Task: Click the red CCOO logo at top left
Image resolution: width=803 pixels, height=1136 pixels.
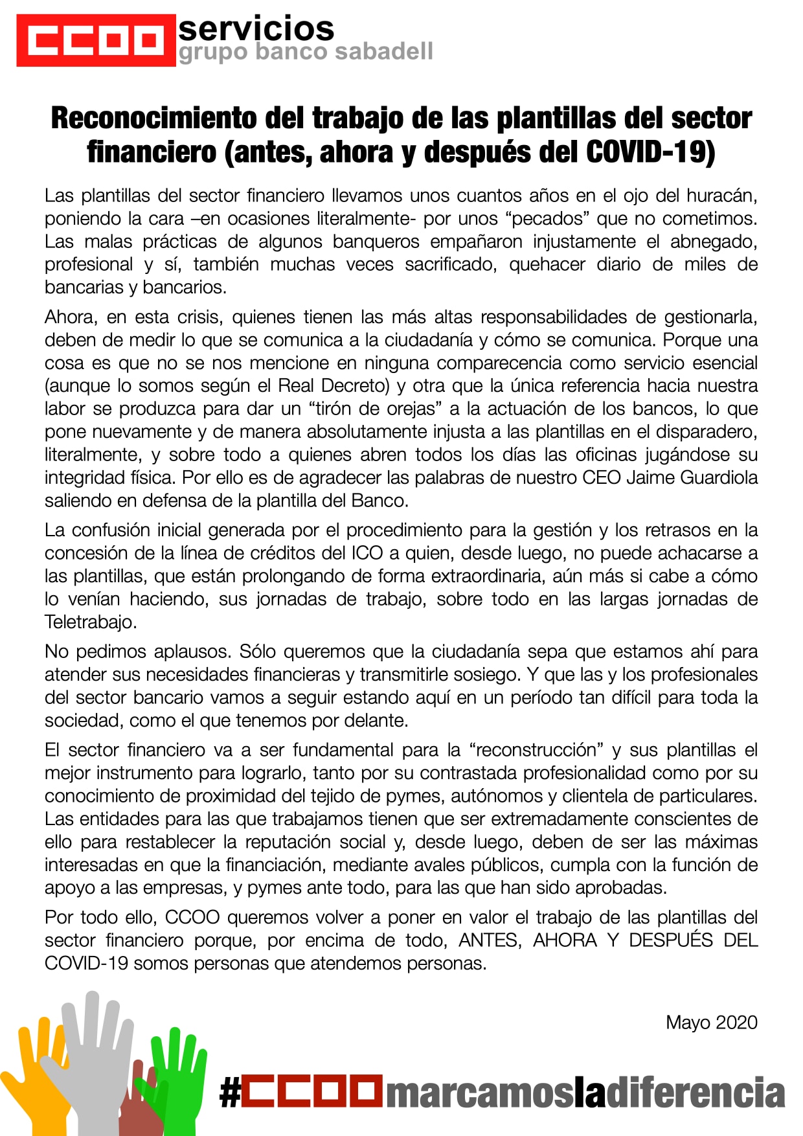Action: point(96,40)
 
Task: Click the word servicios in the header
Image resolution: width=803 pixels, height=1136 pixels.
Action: point(256,28)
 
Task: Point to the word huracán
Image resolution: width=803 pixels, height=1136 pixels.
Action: point(722,196)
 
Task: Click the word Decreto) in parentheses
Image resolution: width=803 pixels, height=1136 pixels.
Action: point(356,386)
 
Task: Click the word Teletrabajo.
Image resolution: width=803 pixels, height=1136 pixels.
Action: point(90,622)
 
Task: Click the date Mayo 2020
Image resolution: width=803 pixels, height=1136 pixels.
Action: point(711,1023)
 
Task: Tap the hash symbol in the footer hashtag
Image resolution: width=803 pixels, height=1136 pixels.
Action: point(229,1093)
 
